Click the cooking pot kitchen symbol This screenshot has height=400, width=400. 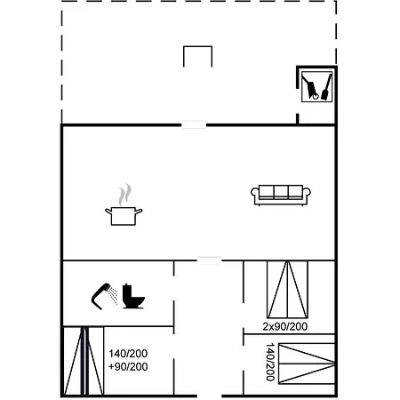pyautogui.click(x=124, y=216)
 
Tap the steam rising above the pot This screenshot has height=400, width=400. pyautogui.click(x=124, y=195)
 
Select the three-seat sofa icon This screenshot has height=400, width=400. pyautogui.click(x=281, y=195)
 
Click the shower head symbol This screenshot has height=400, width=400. pyautogui.click(x=104, y=296)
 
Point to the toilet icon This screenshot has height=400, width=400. pyautogui.click(x=133, y=296)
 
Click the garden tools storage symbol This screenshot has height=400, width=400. pyautogui.click(x=316, y=86)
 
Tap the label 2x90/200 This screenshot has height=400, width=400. pyautogui.click(x=285, y=326)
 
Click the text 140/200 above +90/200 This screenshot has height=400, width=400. pyautogui.click(x=128, y=354)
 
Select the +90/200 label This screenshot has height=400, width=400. pyautogui.click(x=128, y=367)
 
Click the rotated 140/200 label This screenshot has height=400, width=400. pyautogui.click(x=270, y=362)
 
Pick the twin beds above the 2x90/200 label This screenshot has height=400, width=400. pyautogui.click(x=287, y=290)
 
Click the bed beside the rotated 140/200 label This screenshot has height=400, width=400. pyautogui.click(x=307, y=364)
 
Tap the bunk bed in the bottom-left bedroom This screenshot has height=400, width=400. pyautogui.click(x=84, y=361)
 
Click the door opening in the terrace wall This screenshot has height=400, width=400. pyautogui.click(x=194, y=125)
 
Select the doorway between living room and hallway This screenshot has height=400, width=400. pyautogui.click(x=210, y=260)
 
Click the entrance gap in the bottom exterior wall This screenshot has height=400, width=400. pyautogui.click(x=209, y=396)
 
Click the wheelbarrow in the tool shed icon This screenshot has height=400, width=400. pyautogui.click(x=310, y=87)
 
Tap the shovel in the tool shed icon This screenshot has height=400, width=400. pyautogui.click(x=326, y=87)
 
